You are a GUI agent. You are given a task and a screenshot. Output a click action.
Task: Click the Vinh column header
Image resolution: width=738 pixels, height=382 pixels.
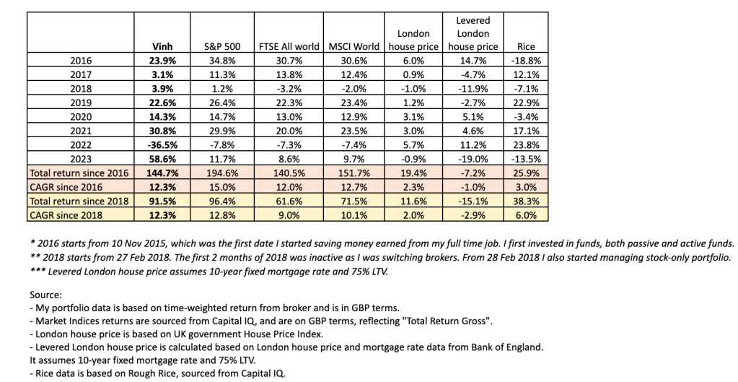click(158, 47)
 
